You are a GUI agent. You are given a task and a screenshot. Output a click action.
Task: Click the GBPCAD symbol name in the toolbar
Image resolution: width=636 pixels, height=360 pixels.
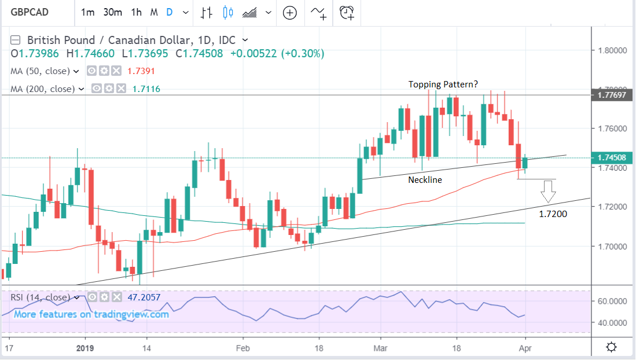click(30, 12)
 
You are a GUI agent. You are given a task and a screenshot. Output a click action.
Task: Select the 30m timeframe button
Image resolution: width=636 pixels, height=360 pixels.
click(113, 12)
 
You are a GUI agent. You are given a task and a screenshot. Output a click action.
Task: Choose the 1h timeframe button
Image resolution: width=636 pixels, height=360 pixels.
click(137, 12)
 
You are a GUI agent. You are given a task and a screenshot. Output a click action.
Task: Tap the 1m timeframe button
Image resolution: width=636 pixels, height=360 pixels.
click(88, 12)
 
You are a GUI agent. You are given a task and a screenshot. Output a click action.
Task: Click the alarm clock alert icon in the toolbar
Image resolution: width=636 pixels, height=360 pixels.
click(347, 12)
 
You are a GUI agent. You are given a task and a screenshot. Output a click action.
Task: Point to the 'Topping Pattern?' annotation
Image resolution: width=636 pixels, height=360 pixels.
click(443, 85)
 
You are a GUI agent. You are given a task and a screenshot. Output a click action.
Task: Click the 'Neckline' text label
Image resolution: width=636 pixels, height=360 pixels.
click(425, 180)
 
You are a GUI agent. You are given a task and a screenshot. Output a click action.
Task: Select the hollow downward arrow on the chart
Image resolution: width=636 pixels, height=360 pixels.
click(548, 192)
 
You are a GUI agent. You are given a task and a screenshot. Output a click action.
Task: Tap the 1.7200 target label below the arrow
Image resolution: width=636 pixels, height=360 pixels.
click(553, 214)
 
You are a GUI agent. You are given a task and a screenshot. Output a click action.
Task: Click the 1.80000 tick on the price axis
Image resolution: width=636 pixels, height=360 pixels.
click(613, 50)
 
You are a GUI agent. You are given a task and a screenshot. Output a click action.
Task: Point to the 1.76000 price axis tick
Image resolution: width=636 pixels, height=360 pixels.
click(613, 128)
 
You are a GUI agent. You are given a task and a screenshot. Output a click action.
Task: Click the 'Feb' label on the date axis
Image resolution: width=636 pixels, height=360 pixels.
click(242, 348)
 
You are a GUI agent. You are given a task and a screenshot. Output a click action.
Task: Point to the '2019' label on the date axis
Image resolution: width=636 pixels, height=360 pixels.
click(85, 348)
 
